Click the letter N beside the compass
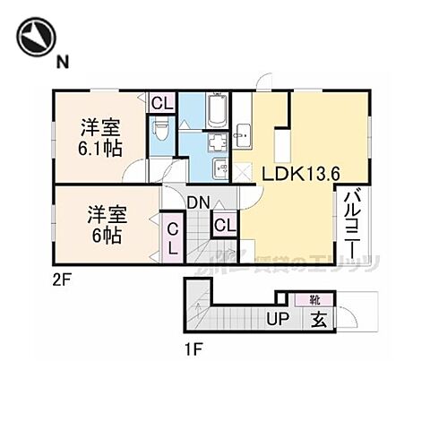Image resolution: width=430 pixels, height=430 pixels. pyautogui.click(x=63, y=60)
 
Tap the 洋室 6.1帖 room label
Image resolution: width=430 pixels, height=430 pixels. pyautogui.click(x=99, y=136)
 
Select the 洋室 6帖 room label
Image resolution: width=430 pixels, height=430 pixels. pyautogui.click(x=106, y=223)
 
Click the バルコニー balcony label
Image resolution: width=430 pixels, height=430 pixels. pyautogui.click(x=351, y=219)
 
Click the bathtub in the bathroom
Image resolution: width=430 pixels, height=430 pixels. pyautogui.click(x=218, y=112)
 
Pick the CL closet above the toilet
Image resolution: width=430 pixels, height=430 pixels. pyautogui.click(x=161, y=103)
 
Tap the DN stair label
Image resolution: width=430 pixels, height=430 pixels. pyautogui.click(x=198, y=203)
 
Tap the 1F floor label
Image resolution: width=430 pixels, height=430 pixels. pyautogui.click(x=193, y=349)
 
